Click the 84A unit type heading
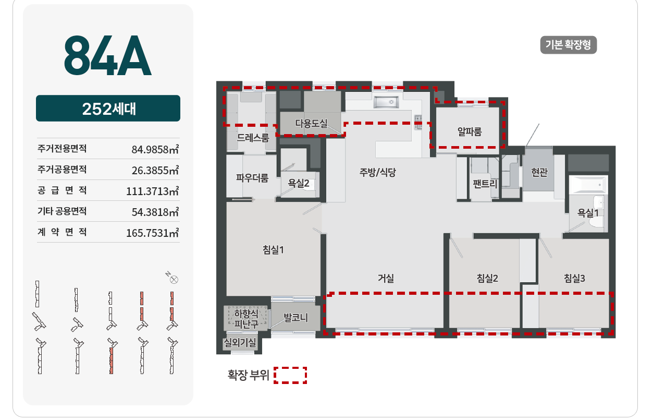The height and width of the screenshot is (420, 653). [107, 55]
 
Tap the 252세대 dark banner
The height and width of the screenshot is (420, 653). [108, 109]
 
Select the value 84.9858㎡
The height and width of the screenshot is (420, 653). [155, 149]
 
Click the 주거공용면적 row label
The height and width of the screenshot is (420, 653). [62, 169]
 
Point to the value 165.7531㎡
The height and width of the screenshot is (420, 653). [153, 233]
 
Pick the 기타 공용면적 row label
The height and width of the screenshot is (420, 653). [62, 211]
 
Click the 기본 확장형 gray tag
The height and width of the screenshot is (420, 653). [569, 45]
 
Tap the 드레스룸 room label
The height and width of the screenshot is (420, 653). [253, 137]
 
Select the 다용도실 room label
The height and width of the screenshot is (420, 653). [311, 123]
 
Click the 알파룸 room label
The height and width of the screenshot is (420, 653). [470, 131]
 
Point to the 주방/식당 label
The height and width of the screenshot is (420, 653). [377, 172]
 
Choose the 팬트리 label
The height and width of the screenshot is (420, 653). [485, 184]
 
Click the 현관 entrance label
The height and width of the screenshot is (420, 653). [539, 172]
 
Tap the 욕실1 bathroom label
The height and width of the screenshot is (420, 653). [588, 213]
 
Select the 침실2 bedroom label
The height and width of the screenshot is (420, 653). [487, 278]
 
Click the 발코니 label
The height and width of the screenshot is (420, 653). [295, 317]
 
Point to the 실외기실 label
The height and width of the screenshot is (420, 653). [240, 342]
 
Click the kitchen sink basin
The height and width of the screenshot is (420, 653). [386, 102]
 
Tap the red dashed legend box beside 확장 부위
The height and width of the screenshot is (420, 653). [290, 375]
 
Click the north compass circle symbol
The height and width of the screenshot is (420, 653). [174, 280]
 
